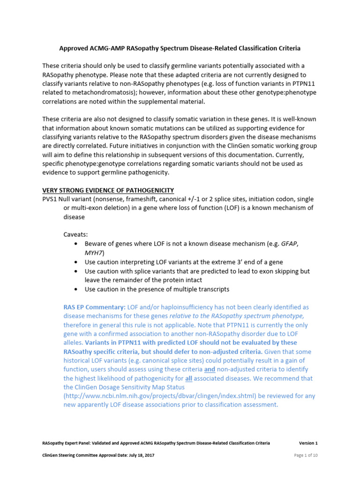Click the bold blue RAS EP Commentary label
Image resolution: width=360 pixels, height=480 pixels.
[94, 307]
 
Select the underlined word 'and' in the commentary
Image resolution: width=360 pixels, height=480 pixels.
[210, 369]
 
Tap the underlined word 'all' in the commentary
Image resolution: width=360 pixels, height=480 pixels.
[186, 378]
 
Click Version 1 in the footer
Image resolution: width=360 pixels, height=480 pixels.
[308, 443]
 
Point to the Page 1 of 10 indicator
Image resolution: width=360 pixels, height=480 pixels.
[306, 455]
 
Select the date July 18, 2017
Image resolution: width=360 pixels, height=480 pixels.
[140, 455]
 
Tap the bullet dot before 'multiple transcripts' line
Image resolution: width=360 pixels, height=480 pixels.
[76, 289]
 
